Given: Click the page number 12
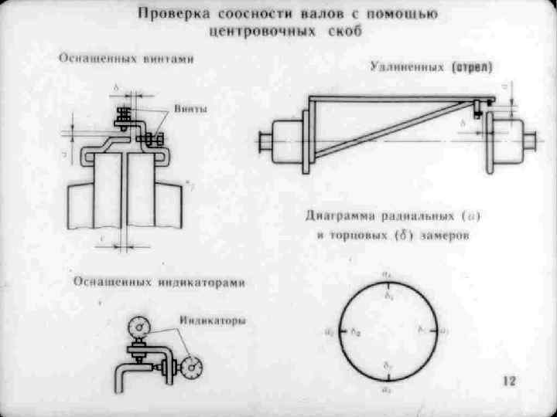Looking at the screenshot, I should pyautogui.click(x=509, y=380).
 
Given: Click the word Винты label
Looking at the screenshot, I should pyautogui.click(x=190, y=109).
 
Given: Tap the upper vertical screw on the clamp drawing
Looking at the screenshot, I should pyautogui.click(x=122, y=118).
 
